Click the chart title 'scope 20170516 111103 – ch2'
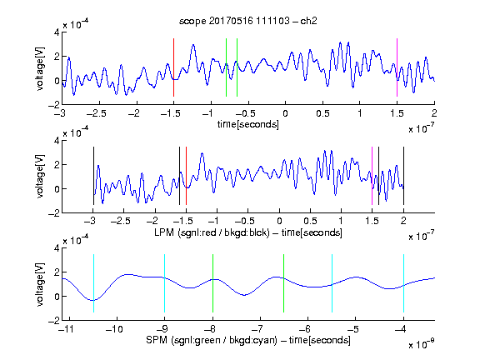click(248, 21)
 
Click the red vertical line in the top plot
click(173, 67)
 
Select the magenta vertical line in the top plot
click(397, 67)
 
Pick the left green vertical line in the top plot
click(226, 67)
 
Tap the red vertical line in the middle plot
click(186, 176)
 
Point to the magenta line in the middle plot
click(372, 176)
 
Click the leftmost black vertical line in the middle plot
click(93, 176)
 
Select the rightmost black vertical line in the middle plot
click(403, 176)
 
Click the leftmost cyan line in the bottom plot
click(93, 283)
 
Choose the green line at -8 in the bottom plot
click(212, 283)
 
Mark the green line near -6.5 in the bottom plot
click(284, 283)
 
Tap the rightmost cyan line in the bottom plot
click(403, 283)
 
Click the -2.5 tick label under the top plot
click(96, 113)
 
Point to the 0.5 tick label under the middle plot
click(310, 221)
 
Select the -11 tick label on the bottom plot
click(66, 329)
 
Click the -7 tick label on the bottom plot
click(257, 329)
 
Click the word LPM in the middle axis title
click(164, 232)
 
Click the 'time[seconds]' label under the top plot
click(248, 124)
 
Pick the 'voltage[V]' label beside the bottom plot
click(40, 284)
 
